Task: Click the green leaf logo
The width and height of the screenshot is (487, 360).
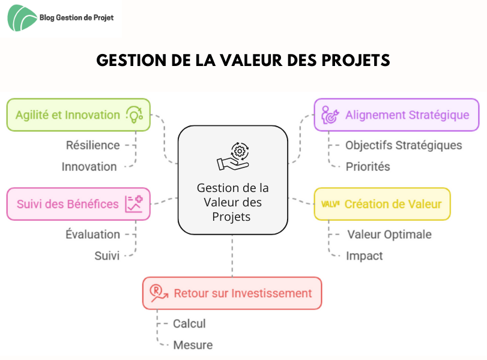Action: click(x=22, y=18)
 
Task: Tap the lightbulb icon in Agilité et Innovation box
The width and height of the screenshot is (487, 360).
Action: click(x=135, y=115)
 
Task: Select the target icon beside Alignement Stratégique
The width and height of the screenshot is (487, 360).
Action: click(x=330, y=115)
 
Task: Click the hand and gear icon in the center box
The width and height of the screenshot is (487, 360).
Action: click(x=233, y=157)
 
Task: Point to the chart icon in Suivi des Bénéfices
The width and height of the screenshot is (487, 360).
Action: click(x=134, y=204)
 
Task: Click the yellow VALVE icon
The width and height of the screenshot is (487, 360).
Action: click(x=330, y=204)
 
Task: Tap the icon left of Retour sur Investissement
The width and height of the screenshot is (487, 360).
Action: click(x=159, y=293)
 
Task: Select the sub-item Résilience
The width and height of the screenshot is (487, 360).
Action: click(x=93, y=145)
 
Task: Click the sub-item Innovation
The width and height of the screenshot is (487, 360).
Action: click(x=89, y=167)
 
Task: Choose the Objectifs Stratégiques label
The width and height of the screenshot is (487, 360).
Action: click(x=404, y=145)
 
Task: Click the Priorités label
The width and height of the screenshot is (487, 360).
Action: click(x=368, y=167)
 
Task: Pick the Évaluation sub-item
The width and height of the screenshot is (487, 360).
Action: click(x=92, y=235)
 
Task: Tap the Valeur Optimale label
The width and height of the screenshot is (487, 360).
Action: click(x=390, y=235)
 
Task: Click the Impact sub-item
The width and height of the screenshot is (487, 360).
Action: click(x=364, y=256)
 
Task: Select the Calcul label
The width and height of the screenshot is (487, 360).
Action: click(x=189, y=323)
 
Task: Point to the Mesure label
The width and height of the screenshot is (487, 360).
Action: click(x=193, y=345)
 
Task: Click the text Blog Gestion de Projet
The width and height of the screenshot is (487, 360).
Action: click(x=76, y=17)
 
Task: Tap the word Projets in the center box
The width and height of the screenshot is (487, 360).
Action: click(x=231, y=217)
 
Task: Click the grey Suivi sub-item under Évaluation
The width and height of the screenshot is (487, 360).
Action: click(x=107, y=256)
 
